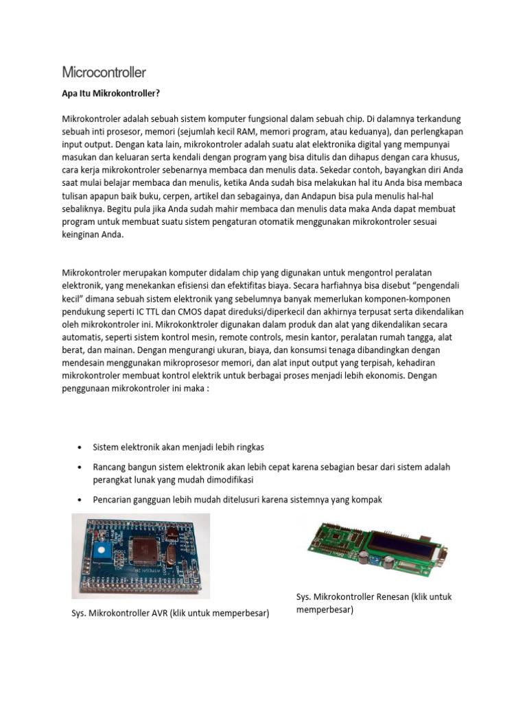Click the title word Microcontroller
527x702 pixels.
tap(104, 72)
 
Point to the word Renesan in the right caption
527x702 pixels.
tap(395, 597)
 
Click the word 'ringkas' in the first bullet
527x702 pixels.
tap(250, 448)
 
